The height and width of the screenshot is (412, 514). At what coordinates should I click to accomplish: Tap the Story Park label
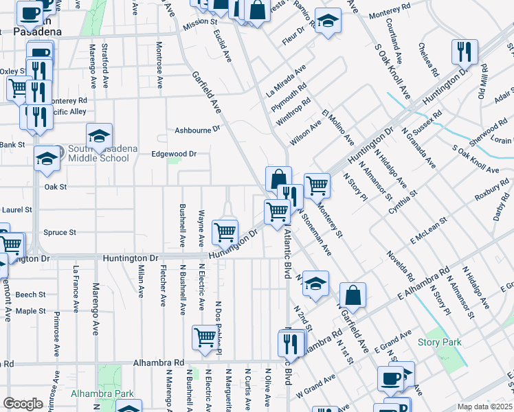(440, 342)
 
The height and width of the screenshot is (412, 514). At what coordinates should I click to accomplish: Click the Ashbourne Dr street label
(197, 128)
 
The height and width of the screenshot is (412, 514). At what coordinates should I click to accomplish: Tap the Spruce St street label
(59, 232)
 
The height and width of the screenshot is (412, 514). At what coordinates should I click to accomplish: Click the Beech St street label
(30, 295)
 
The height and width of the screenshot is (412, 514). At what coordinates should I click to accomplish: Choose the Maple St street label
(30, 311)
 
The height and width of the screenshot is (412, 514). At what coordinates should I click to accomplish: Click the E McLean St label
(429, 231)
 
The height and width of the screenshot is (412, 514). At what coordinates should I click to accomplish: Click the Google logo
(23, 404)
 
